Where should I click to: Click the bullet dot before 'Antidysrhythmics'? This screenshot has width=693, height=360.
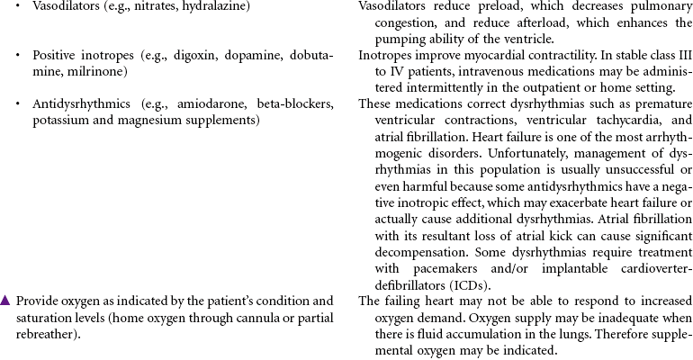(20, 104)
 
